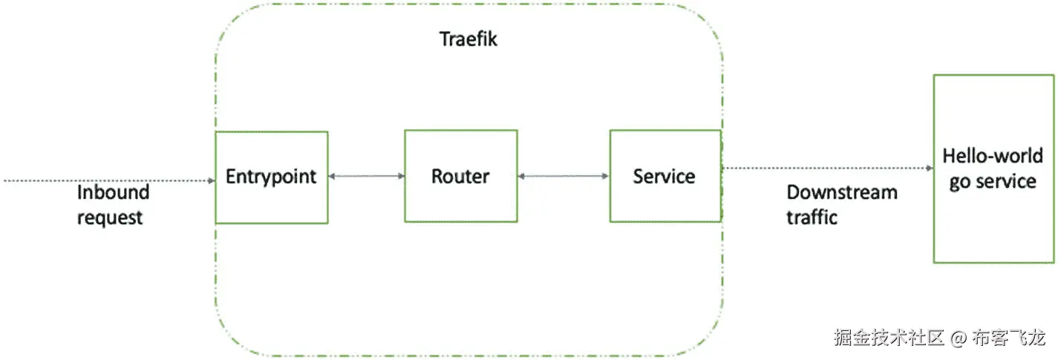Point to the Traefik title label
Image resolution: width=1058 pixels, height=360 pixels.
coord(468,39)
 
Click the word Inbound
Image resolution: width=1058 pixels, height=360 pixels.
coord(113,192)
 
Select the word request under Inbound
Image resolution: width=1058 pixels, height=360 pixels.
coord(110,217)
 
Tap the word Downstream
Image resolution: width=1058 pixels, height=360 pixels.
coord(841,192)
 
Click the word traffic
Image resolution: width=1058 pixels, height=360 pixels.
coord(812,217)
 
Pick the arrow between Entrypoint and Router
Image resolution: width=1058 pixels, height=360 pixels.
coord(366,176)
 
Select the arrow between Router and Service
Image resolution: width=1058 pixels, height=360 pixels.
coord(564,176)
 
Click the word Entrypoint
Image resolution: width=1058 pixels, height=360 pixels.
coord(271,177)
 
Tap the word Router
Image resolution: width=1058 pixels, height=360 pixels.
coord(460,177)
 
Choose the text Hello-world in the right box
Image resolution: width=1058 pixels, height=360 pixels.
coord(993,156)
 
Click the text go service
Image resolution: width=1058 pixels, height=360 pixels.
coord(993,181)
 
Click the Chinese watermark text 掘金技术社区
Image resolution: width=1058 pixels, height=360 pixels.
coord(889,338)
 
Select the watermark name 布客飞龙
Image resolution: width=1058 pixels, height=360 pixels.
coord(1008,338)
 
